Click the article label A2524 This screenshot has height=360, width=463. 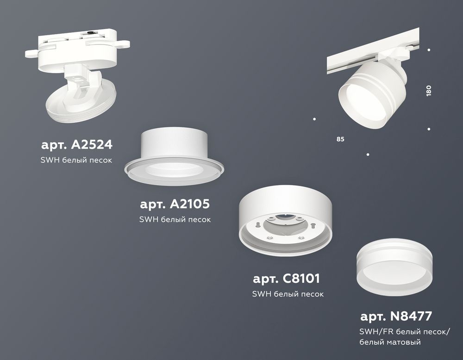pos(77,145)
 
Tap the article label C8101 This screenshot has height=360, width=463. pos(287,279)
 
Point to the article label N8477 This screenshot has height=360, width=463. pos(396,317)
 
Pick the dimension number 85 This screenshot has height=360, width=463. pos(340,139)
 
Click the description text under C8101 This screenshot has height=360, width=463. pos(288,294)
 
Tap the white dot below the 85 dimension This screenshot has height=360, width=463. pos(368,155)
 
